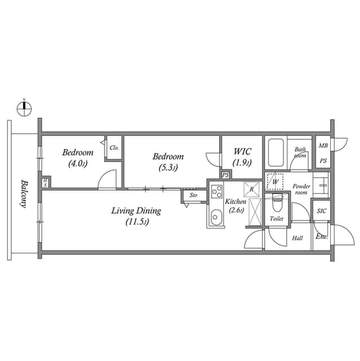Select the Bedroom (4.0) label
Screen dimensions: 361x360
78,157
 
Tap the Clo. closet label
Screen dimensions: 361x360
114,148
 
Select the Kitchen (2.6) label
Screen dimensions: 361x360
235,206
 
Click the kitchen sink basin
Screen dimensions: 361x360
215,216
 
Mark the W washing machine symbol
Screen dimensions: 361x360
275,182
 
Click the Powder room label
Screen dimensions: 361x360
301,189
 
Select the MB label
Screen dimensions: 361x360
323,146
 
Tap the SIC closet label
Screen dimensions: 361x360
321,211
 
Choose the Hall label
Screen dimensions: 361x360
297,238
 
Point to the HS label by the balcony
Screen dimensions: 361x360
45,183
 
